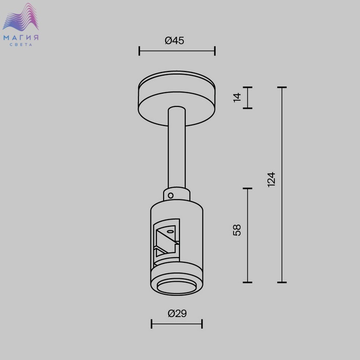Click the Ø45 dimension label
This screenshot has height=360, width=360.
(x=174, y=41)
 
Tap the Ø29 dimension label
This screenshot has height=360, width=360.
(x=177, y=313)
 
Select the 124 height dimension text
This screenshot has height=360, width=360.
(x=272, y=179)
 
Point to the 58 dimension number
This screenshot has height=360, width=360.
(x=237, y=230)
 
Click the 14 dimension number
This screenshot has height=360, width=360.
(x=237, y=98)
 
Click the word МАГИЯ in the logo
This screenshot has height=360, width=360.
(x=21, y=38)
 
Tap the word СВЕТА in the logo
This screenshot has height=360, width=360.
(x=21, y=45)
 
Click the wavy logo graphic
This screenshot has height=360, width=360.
(x=21, y=17)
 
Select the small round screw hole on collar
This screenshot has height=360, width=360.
(x=171, y=195)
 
